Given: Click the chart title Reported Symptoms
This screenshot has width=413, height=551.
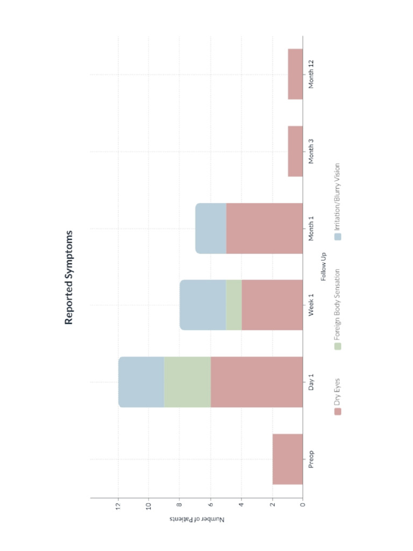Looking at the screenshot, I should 69,278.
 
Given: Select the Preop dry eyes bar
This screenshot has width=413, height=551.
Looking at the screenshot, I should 288,459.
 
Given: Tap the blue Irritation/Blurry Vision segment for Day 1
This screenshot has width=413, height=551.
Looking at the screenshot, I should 141,382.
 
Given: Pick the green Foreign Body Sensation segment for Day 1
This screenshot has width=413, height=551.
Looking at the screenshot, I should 187,382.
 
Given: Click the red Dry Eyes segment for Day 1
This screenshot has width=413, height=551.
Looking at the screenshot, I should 257,382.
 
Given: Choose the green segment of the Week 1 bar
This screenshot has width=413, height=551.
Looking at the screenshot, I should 233,305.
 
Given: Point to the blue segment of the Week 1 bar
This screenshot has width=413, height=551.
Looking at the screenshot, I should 203,305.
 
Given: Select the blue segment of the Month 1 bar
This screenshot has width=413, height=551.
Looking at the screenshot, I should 210,228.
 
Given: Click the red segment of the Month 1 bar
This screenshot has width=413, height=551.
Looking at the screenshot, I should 264,228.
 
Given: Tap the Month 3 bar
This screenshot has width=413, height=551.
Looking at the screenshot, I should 295,151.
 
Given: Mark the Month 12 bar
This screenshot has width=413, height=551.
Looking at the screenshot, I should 295,74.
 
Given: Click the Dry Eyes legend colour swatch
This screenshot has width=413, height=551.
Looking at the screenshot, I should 338,411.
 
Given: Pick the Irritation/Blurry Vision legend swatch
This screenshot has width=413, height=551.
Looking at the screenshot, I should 338,236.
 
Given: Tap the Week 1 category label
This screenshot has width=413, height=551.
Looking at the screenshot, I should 311,305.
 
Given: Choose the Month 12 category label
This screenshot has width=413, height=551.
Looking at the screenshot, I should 311,74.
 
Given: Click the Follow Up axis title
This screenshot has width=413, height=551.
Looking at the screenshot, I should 323,267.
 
